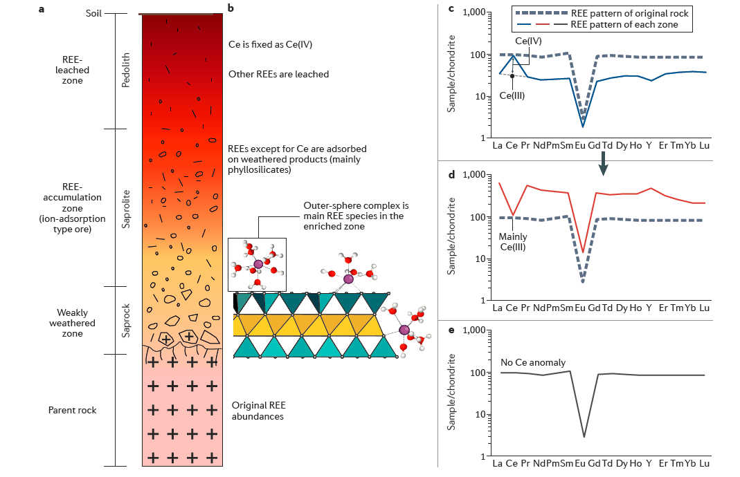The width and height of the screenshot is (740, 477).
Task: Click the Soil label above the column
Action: pos(95,12)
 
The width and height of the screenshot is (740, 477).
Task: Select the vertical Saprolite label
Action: pos(125,208)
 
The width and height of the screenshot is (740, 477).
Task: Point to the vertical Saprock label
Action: pos(125,320)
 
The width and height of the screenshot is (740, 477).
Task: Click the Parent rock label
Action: pos(72,410)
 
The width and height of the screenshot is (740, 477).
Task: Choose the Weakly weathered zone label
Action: pos(72,323)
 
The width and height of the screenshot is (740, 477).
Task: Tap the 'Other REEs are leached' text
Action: pos(278,74)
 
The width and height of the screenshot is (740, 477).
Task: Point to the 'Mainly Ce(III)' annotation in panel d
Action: pos(512,241)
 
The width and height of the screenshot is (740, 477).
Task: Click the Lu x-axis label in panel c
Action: pos(704,145)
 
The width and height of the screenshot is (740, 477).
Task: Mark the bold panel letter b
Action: pos(231,8)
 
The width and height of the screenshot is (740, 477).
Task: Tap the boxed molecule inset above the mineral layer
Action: pos(257,262)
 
